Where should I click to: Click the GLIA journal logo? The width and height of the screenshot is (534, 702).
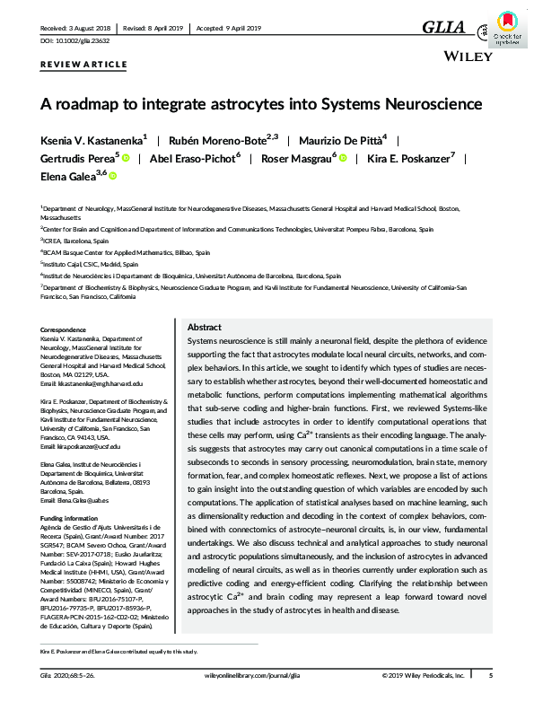tap(445, 28)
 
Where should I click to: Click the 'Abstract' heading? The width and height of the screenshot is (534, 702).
tap(204, 328)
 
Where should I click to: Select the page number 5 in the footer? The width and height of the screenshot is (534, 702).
tap(490, 674)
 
